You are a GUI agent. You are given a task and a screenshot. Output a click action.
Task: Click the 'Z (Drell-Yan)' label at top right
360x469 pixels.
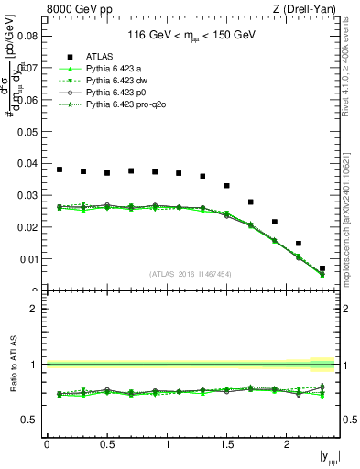pyautogui.click(x=304, y=9)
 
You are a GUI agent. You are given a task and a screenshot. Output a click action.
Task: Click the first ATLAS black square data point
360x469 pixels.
pyautogui.click(x=60, y=169)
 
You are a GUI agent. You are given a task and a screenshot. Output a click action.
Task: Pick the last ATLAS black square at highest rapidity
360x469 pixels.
pyautogui.click(x=322, y=268)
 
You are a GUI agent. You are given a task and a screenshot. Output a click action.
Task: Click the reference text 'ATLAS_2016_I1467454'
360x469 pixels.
pyautogui.click(x=191, y=273)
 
